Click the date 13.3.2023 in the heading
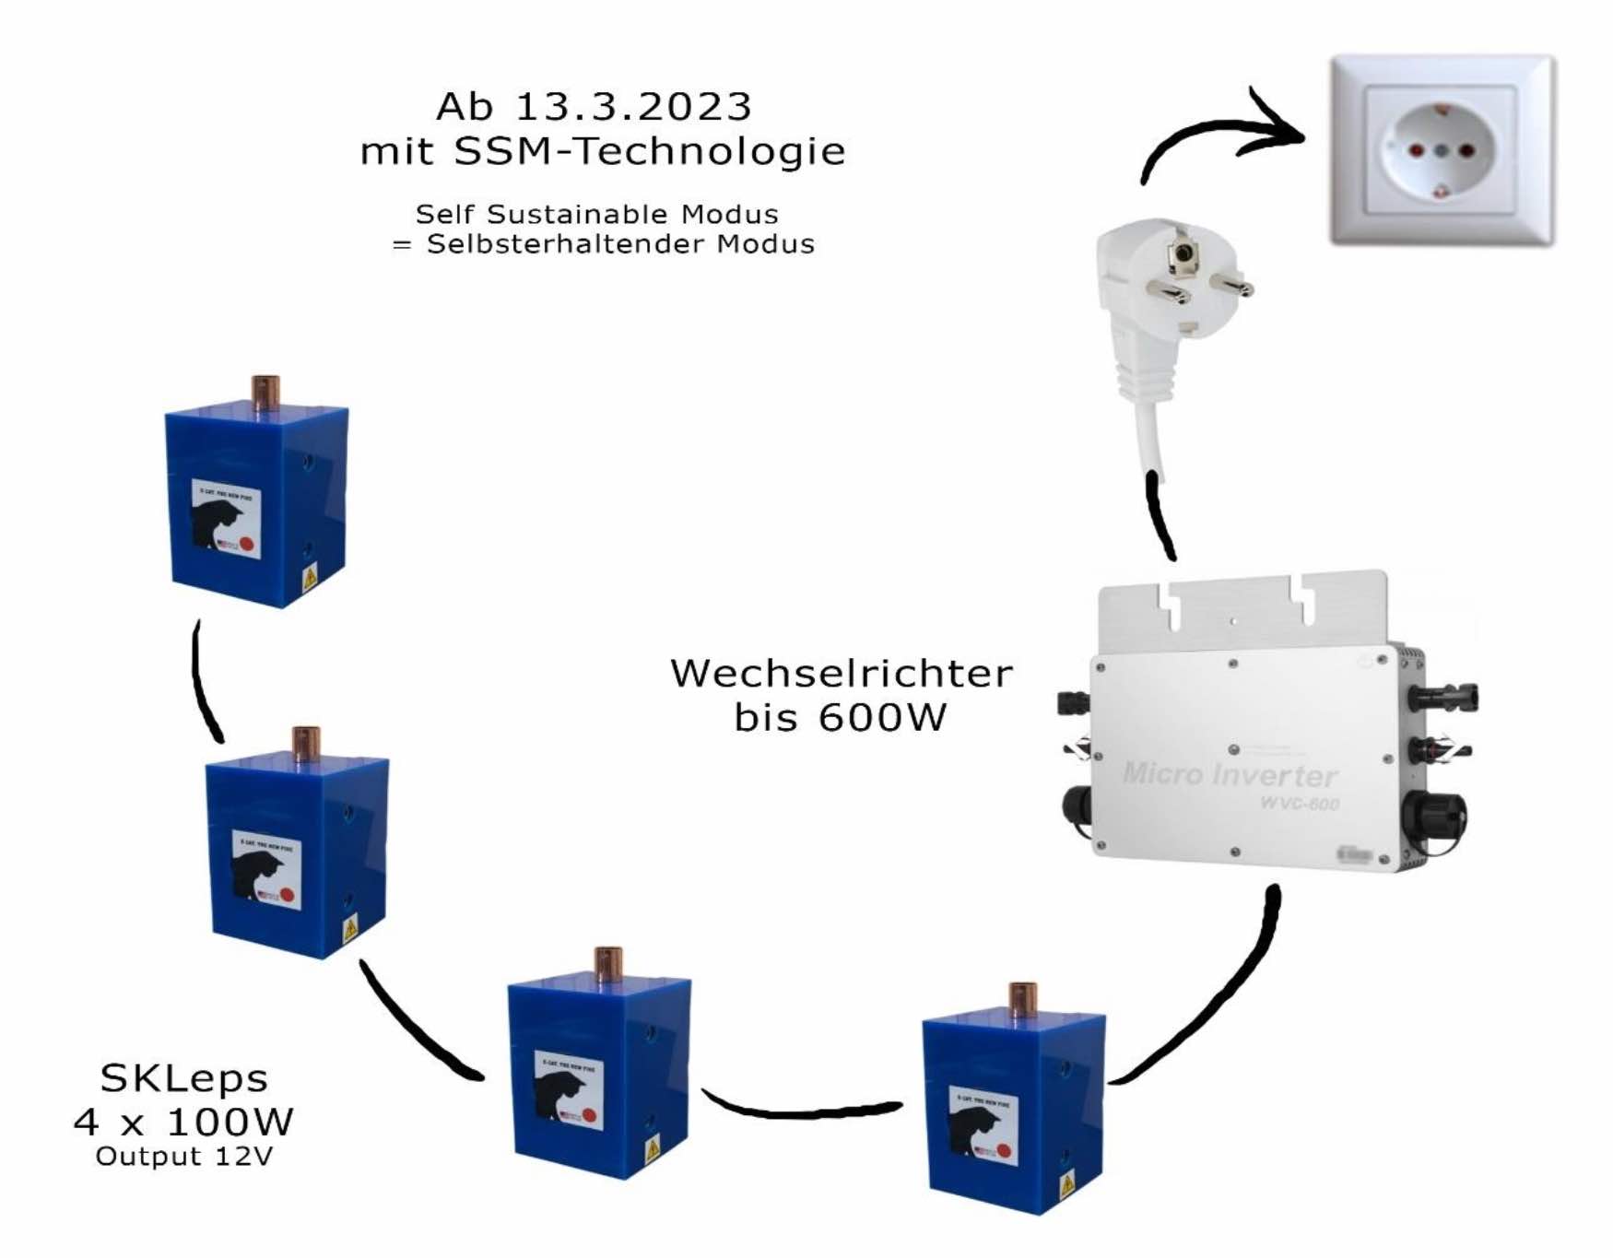(x=633, y=107)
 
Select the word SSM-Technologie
(x=650, y=151)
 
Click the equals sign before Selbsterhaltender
(x=402, y=245)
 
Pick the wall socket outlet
(x=1441, y=150)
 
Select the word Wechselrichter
(x=841, y=674)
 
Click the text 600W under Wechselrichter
(x=882, y=718)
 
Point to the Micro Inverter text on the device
(x=1230, y=774)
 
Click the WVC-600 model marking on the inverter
(x=1300, y=804)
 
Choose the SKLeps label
(x=184, y=1078)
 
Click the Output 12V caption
(x=184, y=1157)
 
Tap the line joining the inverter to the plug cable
(x=1160, y=516)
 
